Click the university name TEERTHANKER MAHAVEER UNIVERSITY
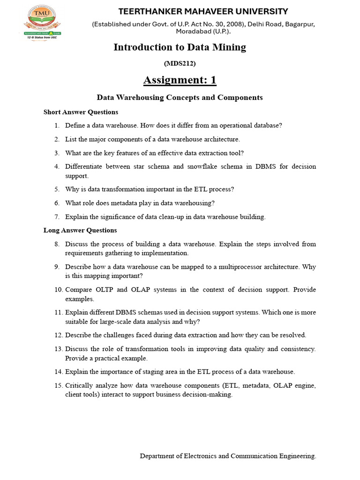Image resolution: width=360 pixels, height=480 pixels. (x=203, y=11)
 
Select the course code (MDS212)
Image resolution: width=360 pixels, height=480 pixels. (x=180, y=63)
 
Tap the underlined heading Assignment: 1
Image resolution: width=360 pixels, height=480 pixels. (x=180, y=80)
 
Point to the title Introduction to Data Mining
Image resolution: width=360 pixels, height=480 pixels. (x=180, y=47)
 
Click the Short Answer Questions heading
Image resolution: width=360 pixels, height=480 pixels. (x=81, y=112)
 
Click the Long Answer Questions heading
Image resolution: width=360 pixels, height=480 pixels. (x=80, y=230)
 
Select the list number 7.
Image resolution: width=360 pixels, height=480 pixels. (x=56, y=217)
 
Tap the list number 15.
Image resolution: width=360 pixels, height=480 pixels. (x=58, y=385)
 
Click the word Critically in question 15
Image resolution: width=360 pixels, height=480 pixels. (x=79, y=385)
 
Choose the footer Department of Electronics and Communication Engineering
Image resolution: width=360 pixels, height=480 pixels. (x=228, y=456)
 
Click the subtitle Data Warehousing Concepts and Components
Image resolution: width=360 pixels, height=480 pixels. (x=180, y=97)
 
